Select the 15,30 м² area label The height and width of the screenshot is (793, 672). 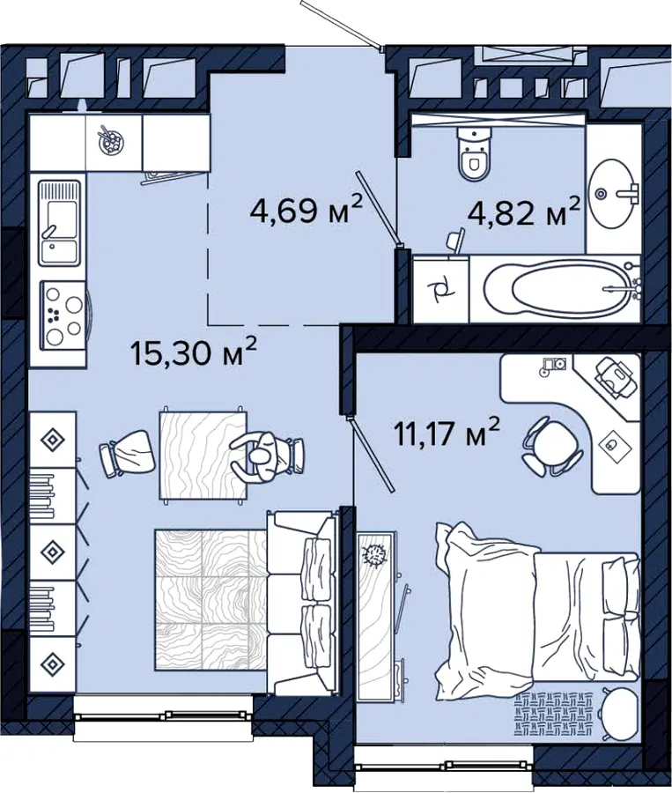[194, 352]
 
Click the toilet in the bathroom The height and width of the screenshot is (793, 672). [474, 153]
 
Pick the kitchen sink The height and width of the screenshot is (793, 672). [60, 223]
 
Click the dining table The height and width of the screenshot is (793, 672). [203, 456]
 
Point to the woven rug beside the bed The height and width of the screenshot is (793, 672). [554, 714]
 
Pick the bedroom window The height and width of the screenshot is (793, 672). [444, 764]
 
